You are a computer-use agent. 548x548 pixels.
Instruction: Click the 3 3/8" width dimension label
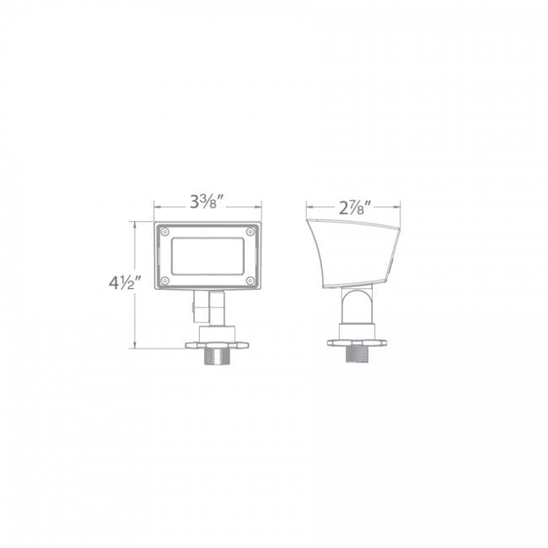[207, 202]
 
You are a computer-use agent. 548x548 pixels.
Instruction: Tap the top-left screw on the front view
[165, 232]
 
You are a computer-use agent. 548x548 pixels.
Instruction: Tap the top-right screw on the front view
[250, 232]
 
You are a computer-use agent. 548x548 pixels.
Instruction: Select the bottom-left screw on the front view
[165, 279]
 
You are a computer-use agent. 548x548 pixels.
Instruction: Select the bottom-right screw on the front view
[250, 279]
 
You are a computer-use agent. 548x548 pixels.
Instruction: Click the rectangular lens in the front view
[207, 255]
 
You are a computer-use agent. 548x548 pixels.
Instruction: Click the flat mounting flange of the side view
[357, 340]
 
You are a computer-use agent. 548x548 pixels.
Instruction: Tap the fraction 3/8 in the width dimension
[214, 202]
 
